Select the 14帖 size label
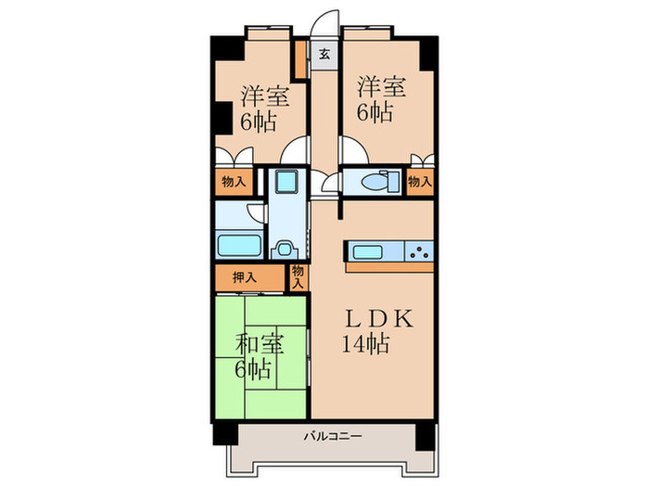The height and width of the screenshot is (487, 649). click(368, 344)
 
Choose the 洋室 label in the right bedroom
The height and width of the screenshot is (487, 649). click(382, 87)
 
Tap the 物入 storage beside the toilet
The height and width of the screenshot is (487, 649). click(420, 182)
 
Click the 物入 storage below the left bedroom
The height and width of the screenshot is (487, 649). click(233, 182)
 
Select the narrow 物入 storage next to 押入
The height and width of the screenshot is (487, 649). click(298, 276)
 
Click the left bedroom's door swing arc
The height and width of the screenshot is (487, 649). click(299, 150)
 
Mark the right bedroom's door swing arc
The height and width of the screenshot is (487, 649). click(351, 150)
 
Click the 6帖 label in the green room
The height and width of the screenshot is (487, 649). click(251, 369)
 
